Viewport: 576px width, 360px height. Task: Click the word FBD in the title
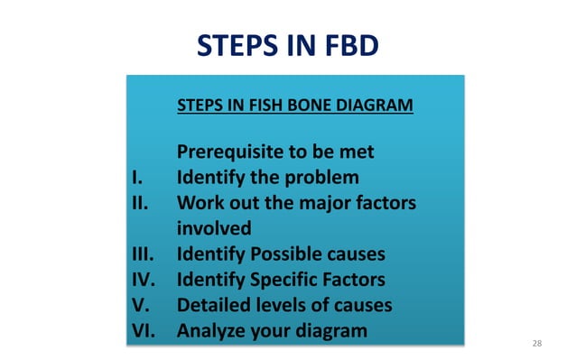point(348,45)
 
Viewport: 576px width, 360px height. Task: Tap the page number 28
point(537,344)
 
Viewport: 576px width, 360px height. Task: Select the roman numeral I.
point(135,177)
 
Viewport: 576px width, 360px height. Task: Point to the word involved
point(214,228)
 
